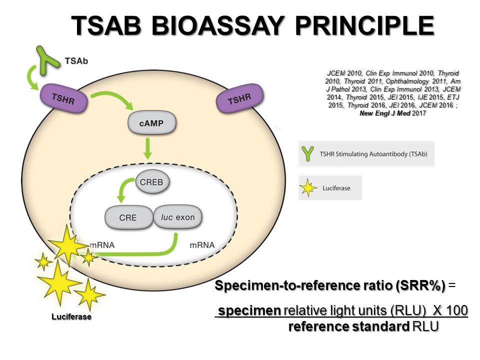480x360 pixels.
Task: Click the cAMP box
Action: click(x=152, y=123)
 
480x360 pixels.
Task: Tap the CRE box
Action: click(x=127, y=217)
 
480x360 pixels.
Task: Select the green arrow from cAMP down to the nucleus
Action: click(x=148, y=148)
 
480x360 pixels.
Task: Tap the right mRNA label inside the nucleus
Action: click(x=202, y=245)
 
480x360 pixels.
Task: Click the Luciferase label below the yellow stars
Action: click(x=71, y=317)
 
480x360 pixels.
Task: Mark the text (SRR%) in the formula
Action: click(x=420, y=286)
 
